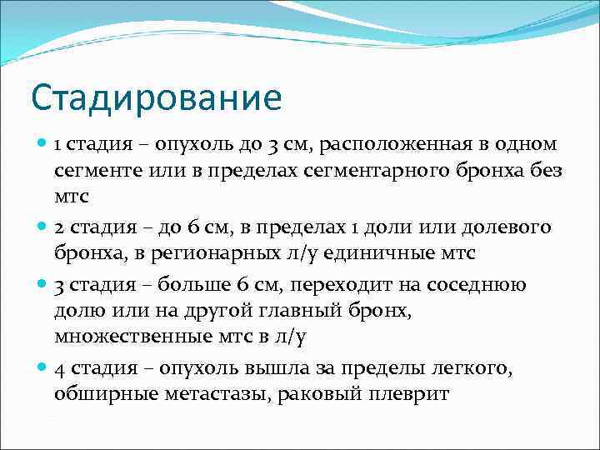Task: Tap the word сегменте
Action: [94, 172]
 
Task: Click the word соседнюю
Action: [476, 285]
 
